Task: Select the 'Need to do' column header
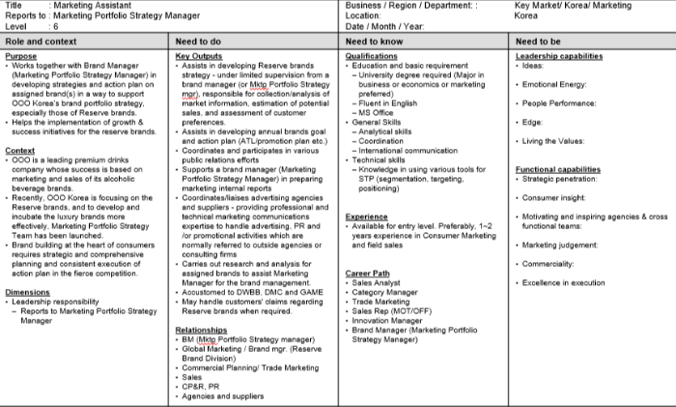(x=200, y=42)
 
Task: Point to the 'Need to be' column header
(x=538, y=42)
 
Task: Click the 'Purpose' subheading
(x=21, y=56)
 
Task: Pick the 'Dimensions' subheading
(x=27, y=291)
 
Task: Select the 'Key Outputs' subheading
(x=200, y=56)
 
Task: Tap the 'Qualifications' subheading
(x=372, y=56)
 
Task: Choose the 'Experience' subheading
(x=367, y=218)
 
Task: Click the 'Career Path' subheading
(x=368, y=274)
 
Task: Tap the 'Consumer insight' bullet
(x=553, y=197)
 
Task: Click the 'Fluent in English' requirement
(x=388, y=102)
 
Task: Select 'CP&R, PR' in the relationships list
(x=200, y=386)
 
